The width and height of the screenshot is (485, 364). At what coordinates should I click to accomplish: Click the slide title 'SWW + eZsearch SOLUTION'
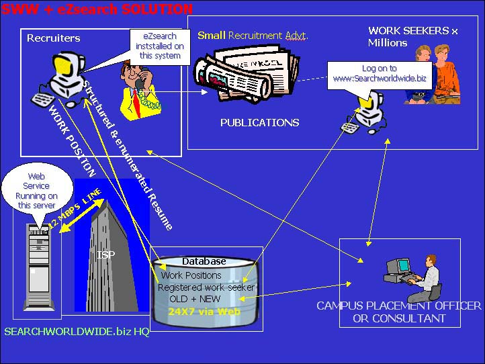(x=97, y=9)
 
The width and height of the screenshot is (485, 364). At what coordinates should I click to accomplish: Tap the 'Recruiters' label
(x=53, y=38)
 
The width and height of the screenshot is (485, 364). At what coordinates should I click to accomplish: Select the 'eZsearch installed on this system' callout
(x=161, y=46)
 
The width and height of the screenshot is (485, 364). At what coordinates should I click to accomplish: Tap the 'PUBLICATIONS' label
(x=259, y=123)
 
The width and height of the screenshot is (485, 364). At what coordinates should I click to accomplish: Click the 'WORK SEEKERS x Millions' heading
(x=412, y=36)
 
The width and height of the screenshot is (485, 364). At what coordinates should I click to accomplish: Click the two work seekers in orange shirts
(x=433, y=74)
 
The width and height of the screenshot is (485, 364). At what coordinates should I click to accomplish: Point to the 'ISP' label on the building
(x=105, y=255)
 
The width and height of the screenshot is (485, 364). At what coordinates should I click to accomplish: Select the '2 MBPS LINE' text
(x=75, y=210)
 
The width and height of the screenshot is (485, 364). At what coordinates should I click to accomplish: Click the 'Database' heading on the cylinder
(x=204, y=261)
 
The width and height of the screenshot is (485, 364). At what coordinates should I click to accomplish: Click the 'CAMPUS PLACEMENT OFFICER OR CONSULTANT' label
(x=399, y=312)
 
